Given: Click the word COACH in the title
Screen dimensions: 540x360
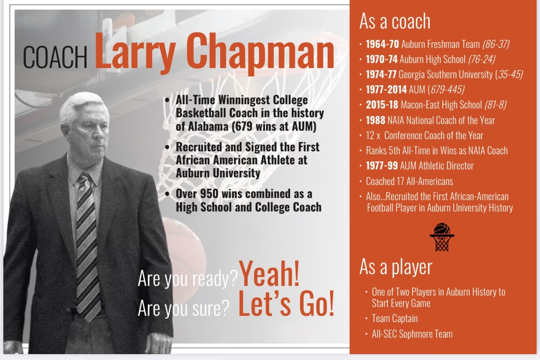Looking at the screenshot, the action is click(55, 57).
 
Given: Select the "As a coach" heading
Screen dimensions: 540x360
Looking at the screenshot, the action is click(394, 21).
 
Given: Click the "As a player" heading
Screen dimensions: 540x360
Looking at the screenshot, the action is click(396, 267).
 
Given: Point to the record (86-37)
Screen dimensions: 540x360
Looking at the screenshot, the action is click(496, 44).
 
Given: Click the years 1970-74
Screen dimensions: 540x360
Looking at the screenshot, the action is click(381, 59).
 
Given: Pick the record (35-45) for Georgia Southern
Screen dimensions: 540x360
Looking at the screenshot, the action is click(509, 74).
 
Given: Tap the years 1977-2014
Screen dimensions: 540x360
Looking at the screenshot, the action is click(386, 90).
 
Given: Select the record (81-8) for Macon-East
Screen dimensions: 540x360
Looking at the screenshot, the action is click(496, 105).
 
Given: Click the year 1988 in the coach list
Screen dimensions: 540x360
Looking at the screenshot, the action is click(375, 120).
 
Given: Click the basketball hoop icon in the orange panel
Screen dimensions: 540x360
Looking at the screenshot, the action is click(442, 237).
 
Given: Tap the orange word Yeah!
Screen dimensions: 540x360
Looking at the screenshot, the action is click(269, 274).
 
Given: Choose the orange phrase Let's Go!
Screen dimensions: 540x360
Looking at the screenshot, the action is click(286, 304).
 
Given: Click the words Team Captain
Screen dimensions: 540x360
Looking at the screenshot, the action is click(394, 318).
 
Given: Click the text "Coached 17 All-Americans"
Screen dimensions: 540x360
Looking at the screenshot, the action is click(409, 181).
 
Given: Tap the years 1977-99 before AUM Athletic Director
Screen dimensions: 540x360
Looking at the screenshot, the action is click(381, 166).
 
